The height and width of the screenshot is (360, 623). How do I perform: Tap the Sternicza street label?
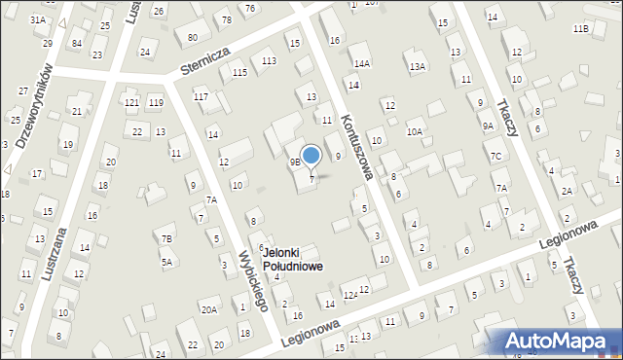tap(203, 62)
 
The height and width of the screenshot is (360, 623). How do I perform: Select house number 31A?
tap(37, 20)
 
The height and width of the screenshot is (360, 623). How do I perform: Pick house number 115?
tap(239, 73)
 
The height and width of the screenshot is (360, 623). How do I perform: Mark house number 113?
tap(269, 61)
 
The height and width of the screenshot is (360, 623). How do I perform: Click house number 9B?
tap(294, 162)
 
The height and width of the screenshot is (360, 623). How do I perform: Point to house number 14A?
tap(362, 63)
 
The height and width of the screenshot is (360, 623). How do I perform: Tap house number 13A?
tap(418, 67)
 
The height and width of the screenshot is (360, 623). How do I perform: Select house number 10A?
tap(415, 130)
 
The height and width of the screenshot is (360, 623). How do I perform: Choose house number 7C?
tap(495, 156)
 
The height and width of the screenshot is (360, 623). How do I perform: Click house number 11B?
tap(580, 29)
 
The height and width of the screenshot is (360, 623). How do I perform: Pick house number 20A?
tap(208, 309)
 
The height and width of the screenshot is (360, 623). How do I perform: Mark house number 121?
tap(131, 102)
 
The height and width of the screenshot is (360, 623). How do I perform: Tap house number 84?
tap(76, 44)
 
